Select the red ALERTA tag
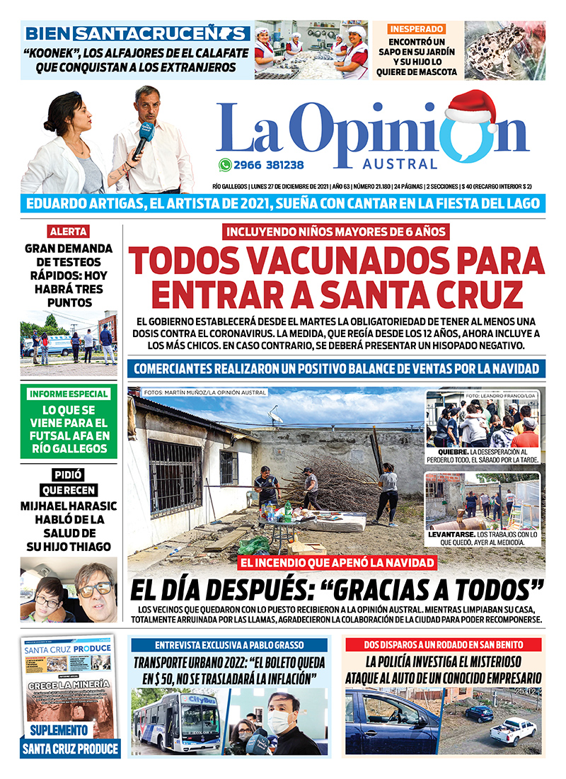pos(69,232)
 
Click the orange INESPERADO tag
pos(417,29)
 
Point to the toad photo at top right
pos(504,50)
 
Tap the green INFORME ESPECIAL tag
pos(69,394)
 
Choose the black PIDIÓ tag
pos(69,475)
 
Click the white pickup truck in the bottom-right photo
pos(514,729)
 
